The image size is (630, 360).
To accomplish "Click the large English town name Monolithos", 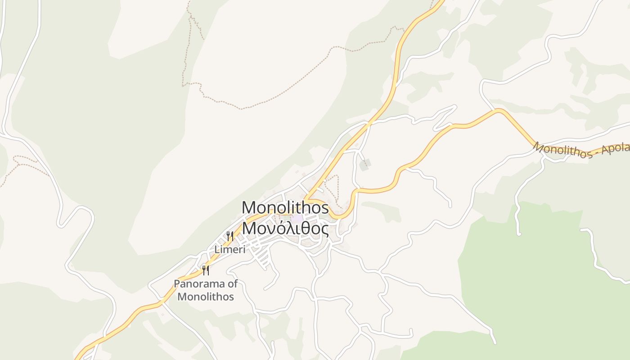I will pyautogui.click(x=285, y=208).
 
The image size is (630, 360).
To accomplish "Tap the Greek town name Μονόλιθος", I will pyautogui.click(x=285, y=228).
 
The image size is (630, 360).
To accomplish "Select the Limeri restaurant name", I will pyautogui.click(x=230, y=249).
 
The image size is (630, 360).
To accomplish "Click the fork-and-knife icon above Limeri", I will pyautogui.click(x=230, y=236).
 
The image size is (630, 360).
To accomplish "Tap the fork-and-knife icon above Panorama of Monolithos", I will pyautogui.click(x=206, y=270).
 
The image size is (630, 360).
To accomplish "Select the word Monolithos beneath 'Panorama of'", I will pyautogui.click(x=206, y=297).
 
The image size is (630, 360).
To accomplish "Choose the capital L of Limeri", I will pyautogui.click(x=217, y=249).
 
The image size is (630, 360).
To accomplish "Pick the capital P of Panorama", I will pyautogui.click(x=177, y=284).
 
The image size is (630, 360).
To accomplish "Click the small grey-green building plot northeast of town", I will pyautogui.click(x=365, y=165).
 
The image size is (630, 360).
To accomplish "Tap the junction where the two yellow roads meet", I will pyautogui.click(x=306, y=199).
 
